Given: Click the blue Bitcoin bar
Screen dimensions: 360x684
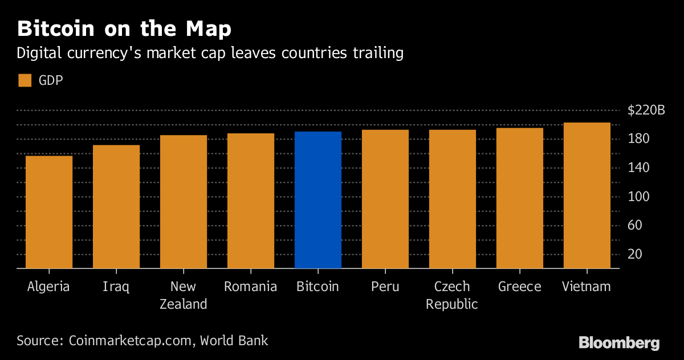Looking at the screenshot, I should pyautogui.click(x=318, y=199).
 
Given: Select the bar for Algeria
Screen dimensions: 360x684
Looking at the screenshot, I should pyautogui.click(x=49, y=211).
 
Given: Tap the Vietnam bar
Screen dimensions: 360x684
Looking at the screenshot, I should pyautogui.click(x=587, y=195).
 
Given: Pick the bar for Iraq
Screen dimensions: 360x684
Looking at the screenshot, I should pyautogui.click(x=116, y=206).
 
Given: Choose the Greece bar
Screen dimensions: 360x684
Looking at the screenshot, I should pyautogui.click(x=519, y=198).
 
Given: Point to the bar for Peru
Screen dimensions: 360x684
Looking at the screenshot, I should pyautogui.click(x=385, y=199).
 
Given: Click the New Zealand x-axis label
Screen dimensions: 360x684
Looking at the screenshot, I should pyautogui.click(x=183, y=295).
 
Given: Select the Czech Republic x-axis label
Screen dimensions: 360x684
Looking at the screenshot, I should pyautogui.click(x=452, y=295).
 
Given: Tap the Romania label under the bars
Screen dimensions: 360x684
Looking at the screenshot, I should pyautogui.click(x=250, y=287).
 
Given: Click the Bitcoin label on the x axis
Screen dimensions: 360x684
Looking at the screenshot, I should pyautogui.click(x=317, y=287).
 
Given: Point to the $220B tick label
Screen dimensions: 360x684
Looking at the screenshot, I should pyautogui.click(x=646, y=111).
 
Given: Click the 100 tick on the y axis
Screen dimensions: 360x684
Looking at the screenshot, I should pyautogui.click(x=638, y=197).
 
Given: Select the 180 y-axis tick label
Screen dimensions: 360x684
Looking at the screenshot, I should pyautogui.click(x=638, y=139).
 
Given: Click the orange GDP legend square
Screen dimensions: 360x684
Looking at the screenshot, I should pyautogui.click(x=25, y=80).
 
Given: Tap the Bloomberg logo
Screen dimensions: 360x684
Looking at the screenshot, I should pyautogui.click(x=619, y=343).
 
